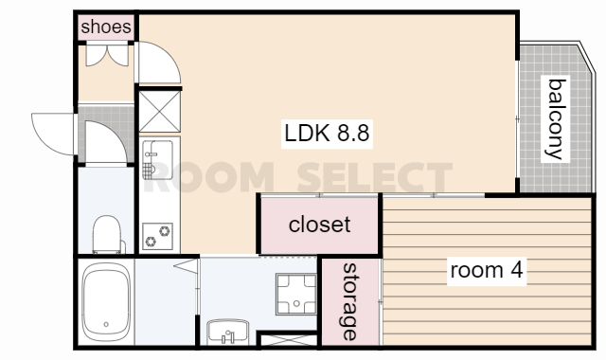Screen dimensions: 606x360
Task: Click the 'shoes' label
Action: tap(106, 27)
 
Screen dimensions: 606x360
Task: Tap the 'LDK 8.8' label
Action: tap(327, 134)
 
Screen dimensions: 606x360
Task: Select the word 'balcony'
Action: tap(556, 118)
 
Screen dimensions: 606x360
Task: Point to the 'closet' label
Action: tap(320, 225)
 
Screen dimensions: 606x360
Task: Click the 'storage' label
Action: tap(349, 301)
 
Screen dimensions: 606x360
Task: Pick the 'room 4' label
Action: tap(487, 270)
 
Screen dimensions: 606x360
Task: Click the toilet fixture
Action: tap(107, 235)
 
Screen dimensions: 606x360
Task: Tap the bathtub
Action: tap(106, 302)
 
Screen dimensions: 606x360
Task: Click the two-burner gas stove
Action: tap(157, 236)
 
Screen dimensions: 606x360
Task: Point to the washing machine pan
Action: tap(296, 294)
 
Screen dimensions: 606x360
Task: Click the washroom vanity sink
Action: tap(227, 333)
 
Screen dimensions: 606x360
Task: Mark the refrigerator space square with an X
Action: tap(160, 112)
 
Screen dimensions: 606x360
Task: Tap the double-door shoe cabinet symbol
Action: tap(107, 56)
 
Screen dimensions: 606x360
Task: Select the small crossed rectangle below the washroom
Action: tap(289, 340)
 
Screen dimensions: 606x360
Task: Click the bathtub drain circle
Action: tap(106, 325)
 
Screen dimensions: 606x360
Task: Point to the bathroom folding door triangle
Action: tap(186, 266)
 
